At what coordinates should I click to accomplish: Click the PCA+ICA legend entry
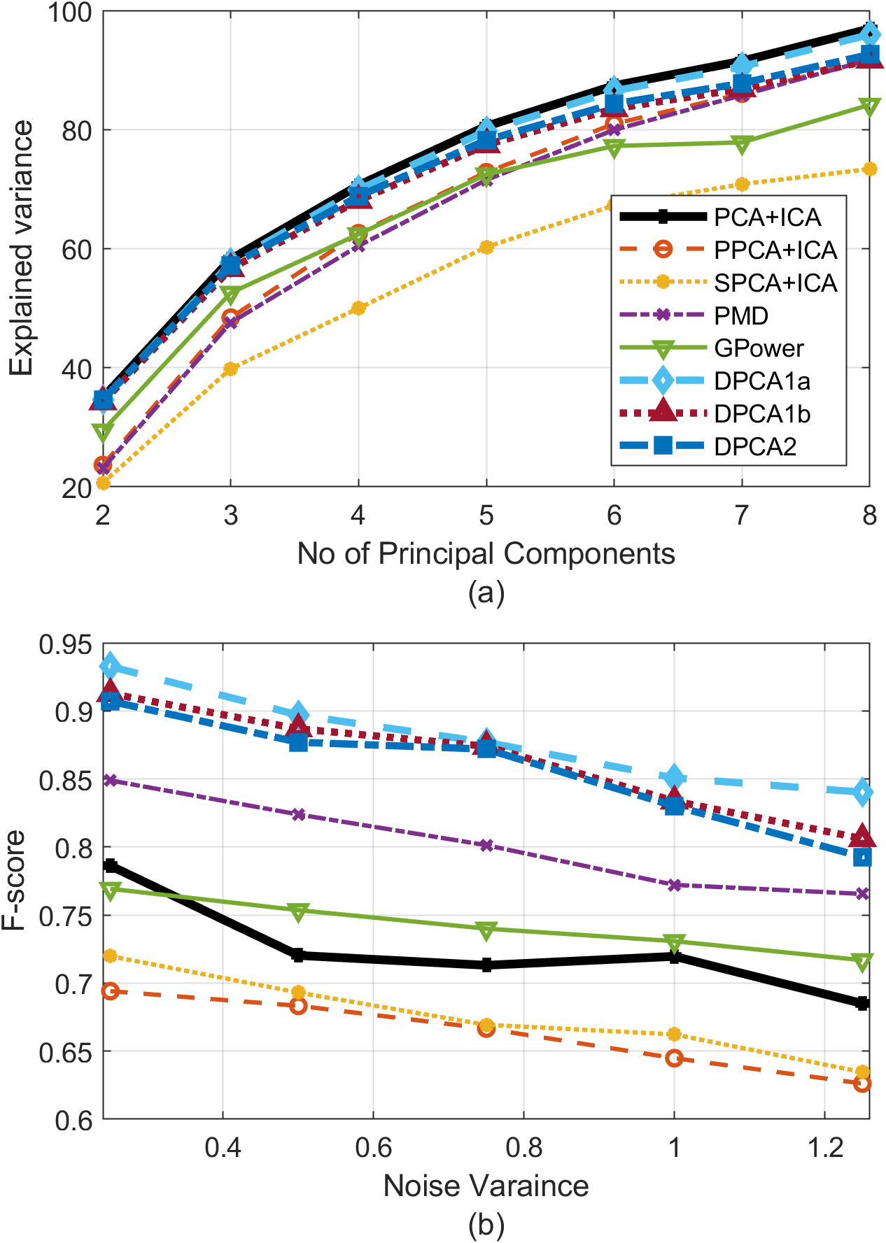767,218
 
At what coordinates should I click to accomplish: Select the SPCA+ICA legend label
775,283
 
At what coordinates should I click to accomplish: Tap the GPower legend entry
759,348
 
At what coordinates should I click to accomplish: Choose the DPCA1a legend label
762,381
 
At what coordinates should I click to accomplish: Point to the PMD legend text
741,316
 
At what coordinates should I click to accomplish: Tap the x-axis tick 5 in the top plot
486,516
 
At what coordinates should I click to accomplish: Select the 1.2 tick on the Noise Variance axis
825,1148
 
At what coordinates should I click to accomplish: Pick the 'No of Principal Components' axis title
486,553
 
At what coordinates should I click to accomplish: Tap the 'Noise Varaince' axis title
486,1186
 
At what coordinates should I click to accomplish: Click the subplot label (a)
486,592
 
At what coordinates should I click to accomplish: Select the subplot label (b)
486,1225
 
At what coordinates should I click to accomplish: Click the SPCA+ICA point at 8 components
869,169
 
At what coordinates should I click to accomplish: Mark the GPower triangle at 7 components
742,143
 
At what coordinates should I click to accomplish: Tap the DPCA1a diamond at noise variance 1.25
862,793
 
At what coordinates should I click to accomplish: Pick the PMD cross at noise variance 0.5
299,814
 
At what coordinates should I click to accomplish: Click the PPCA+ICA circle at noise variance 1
674,1058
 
